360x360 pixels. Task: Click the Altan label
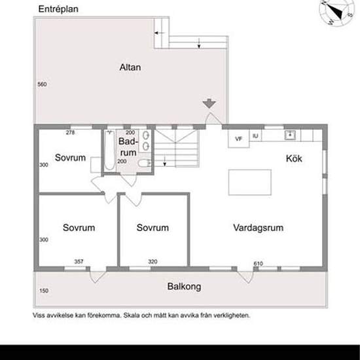point(130,67)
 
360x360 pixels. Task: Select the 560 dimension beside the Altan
point(42,85)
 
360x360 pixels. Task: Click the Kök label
point(294,158)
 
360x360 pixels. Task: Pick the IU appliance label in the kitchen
point(255,136)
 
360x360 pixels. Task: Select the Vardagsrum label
point(258,228)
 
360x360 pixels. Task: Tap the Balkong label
point(184,287)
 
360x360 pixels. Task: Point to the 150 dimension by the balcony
point(44,291)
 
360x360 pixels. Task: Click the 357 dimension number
point(79,262)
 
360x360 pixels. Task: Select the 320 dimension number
point(153,262)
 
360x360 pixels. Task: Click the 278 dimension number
point(71,133)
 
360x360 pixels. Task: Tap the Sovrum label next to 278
point(71,158)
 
